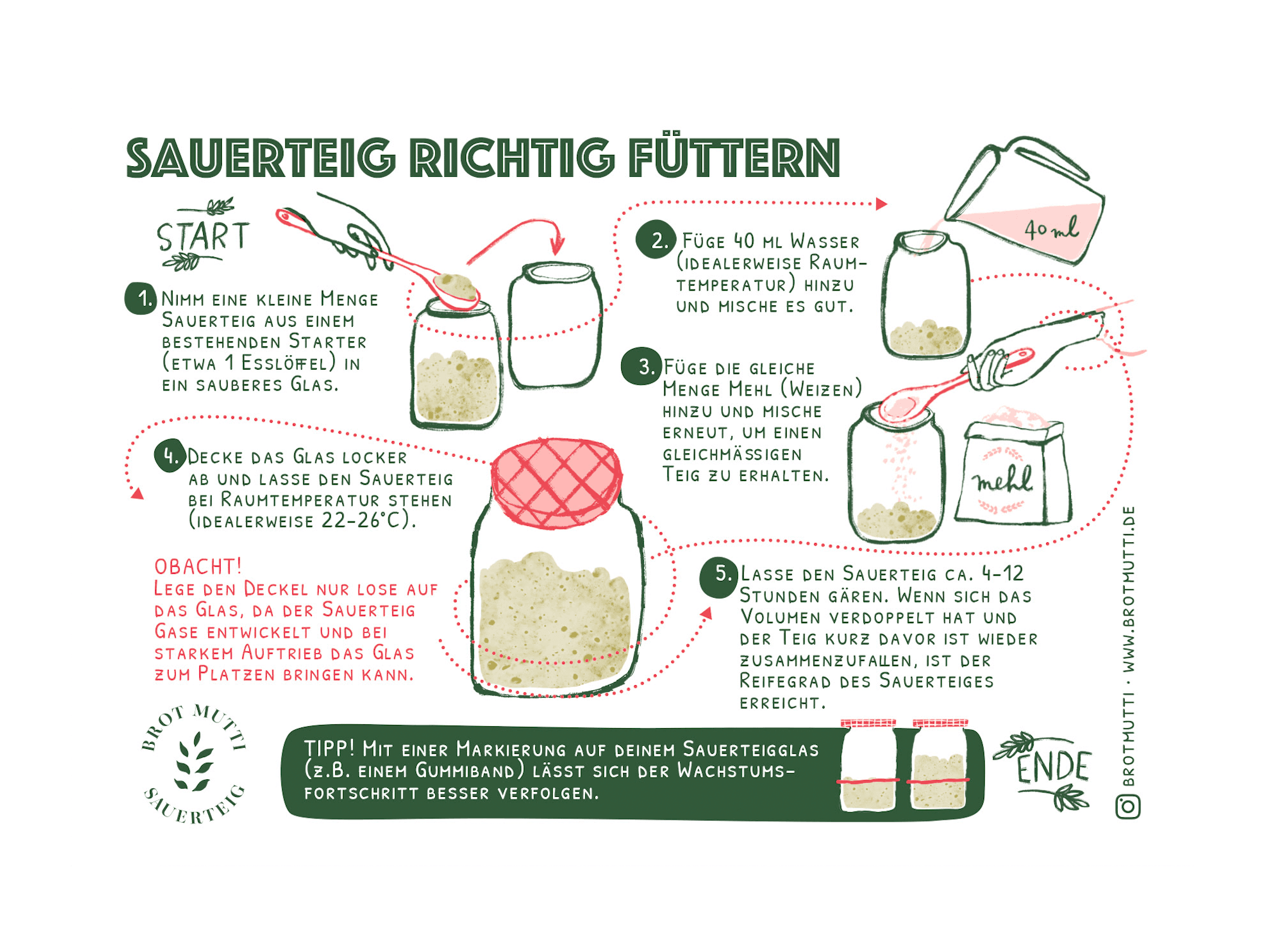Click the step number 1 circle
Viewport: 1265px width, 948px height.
140,298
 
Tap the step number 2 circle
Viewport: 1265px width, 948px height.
655,240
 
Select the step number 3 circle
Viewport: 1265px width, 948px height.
641,367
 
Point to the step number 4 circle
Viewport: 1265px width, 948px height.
170,456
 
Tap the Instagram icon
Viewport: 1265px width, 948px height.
1128,806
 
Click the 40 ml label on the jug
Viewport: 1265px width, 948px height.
1051,229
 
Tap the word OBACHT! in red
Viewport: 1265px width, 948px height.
197,566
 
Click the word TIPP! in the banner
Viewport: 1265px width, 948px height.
329,748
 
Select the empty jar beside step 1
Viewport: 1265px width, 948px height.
555,325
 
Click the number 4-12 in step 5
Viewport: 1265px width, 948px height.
1003,573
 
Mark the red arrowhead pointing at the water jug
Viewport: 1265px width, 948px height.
881,204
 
